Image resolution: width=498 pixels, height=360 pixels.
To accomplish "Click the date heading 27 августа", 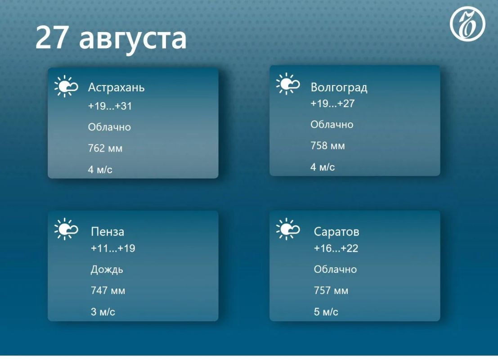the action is (111, 38).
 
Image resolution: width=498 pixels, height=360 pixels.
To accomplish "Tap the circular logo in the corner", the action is (467, 24).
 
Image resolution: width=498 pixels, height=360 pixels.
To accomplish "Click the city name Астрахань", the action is (116, 87).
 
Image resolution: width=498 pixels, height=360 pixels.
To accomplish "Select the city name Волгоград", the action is (339, 87).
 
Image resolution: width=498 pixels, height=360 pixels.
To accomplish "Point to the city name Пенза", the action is (108, 232).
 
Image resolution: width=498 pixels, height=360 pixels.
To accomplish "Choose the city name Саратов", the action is (336, 232).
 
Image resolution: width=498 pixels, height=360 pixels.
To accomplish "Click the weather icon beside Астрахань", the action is (66, 86).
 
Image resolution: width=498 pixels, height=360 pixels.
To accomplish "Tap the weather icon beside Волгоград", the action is (288, 84).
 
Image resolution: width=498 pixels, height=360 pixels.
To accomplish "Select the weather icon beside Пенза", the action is (66, 229).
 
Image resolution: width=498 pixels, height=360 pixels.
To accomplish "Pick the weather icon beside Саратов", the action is (288, 229).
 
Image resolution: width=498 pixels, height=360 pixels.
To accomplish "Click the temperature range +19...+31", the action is (110, 106).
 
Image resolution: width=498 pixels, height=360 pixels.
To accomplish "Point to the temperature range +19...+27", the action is (332, 103).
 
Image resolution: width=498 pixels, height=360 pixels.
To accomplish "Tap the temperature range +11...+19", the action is (113, 248).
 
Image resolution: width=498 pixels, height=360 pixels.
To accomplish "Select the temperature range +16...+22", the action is (336, 248).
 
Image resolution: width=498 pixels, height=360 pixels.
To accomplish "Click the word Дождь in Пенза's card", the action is (107, 270).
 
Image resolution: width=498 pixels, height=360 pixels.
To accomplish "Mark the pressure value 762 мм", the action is (105, 148).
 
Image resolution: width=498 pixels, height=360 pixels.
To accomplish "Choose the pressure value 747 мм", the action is (108, 290).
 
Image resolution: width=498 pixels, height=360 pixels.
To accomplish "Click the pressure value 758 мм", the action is (328, 146).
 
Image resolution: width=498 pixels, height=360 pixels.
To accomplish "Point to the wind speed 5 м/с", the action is (326, 312).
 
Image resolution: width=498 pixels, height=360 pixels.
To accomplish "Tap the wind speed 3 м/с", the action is (103, 312).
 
